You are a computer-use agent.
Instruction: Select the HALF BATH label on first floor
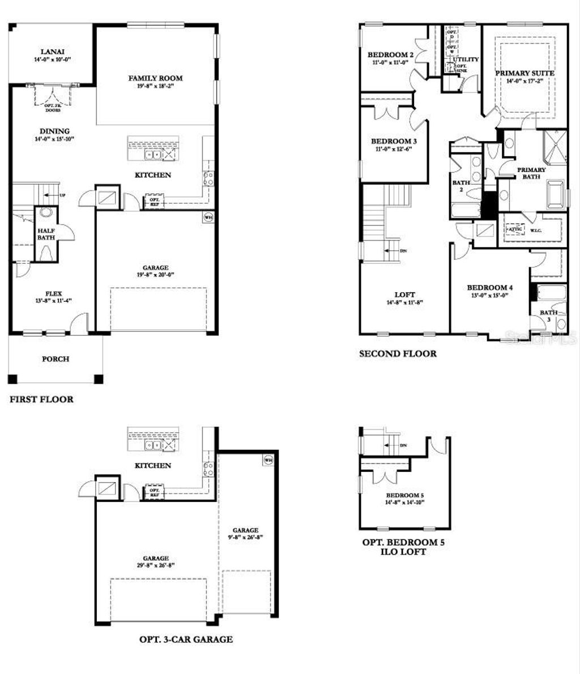46,235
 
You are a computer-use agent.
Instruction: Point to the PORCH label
56,359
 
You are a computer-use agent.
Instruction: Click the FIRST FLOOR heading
41,399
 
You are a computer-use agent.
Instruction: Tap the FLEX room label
55,293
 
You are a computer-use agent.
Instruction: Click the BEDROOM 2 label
390,55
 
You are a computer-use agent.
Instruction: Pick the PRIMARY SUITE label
524,73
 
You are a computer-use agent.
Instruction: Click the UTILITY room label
466,59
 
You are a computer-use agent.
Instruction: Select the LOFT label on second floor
404,295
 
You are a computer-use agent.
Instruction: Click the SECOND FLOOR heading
398,354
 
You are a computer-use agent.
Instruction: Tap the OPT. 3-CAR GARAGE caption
186,639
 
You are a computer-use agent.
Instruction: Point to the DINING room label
55,131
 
